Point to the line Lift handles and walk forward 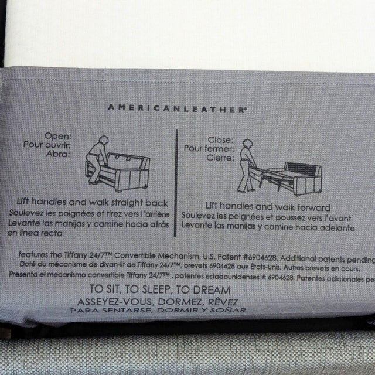pos(267,207)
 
